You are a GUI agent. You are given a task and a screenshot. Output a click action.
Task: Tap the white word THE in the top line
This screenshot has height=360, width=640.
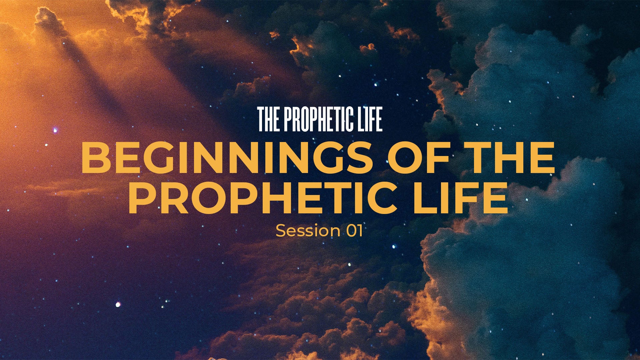(269, 119)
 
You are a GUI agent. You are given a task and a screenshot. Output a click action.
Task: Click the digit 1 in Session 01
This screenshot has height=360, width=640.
(360, 231)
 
